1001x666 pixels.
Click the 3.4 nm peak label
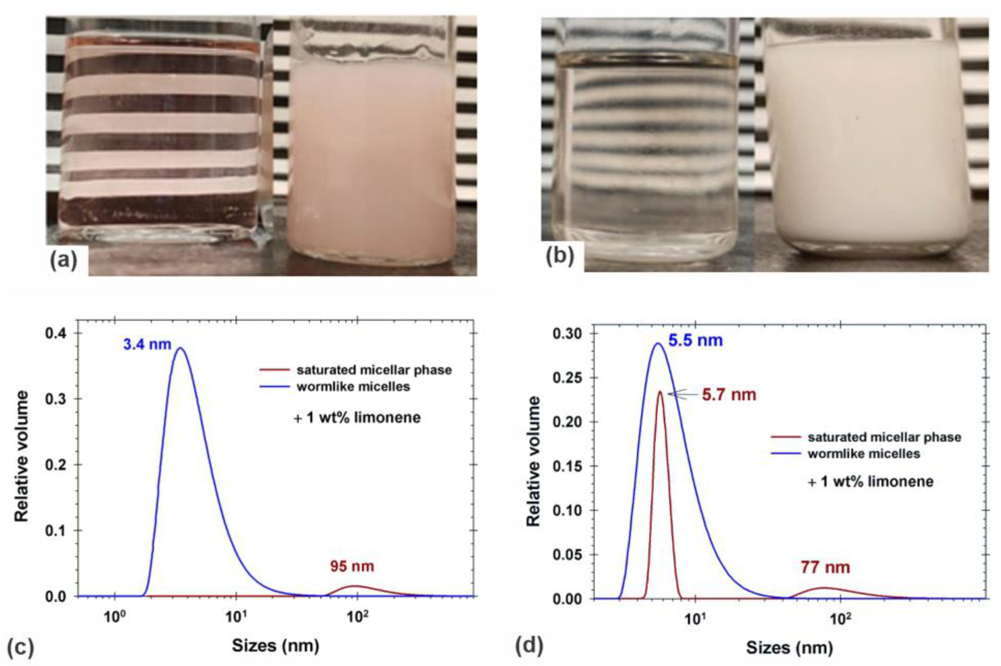pos(147,344)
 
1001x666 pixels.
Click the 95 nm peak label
pos(352,566)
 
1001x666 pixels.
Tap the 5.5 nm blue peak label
pos(695,340)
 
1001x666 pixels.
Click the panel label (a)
pos(64,260)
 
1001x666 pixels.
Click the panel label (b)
pos(560,256)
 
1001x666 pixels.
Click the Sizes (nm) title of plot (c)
pos(275,646)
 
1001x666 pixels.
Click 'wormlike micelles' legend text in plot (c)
pos(353,386)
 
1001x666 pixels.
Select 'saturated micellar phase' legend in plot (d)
pos(884,437)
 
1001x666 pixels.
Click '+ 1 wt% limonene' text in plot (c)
pos(357,418)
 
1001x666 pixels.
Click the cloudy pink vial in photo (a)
pos(370,162)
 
